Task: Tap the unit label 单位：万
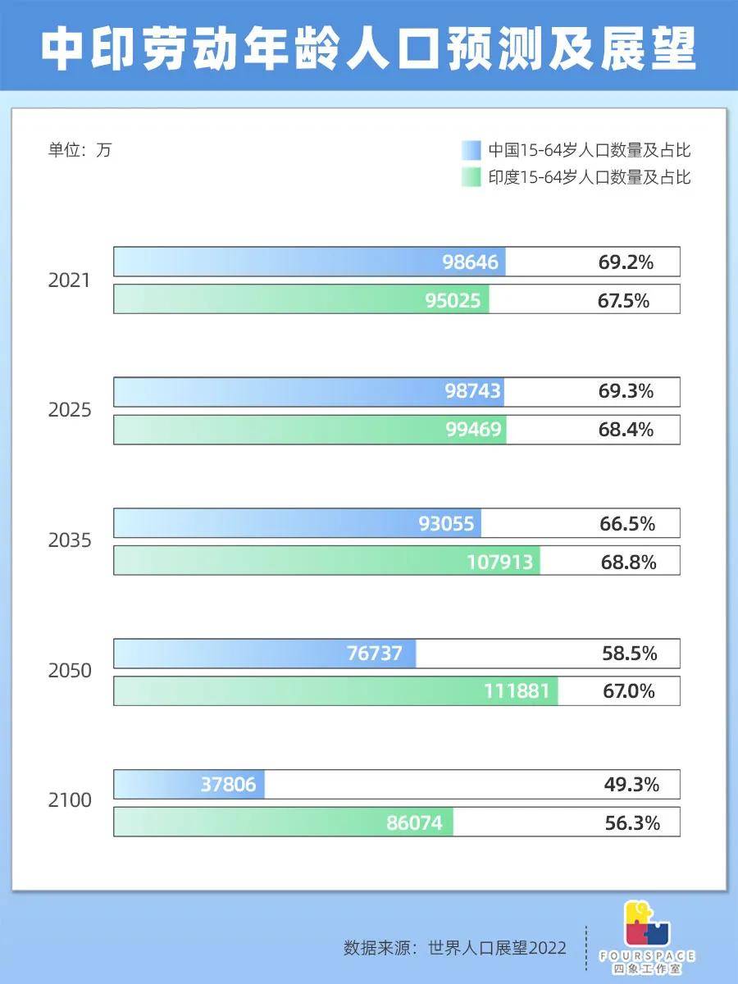[x=80, y=150]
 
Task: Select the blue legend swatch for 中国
[x=471, y=151]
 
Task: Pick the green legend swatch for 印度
[x=471, y=177]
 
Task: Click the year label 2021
[x=70, y=280]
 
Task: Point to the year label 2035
[x=70, y=541]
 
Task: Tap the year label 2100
[x=70, y=800]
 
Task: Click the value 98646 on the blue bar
[x=470, y=262]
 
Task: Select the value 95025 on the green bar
[x=453, y=300]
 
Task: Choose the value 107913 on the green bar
[x=500, y=562]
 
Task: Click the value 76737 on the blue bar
[x=375, y=654]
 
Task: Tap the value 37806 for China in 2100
[x=228, y=785]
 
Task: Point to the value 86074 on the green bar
[x=414, y=822]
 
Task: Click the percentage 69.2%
[x=626, y=262]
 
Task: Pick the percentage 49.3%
[x=631, y=785]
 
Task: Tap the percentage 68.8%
[x=628, y=562]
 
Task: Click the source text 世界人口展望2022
[x=497, y=948]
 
